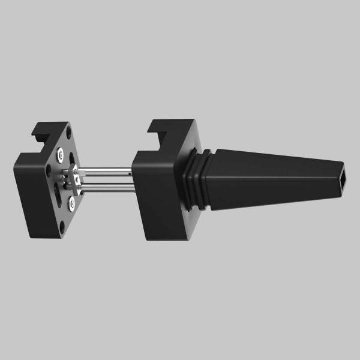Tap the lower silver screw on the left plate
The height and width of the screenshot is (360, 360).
pos(71,204)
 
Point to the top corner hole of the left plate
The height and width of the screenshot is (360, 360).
pos(71,137)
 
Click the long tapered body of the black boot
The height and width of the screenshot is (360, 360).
pos(270,177)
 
